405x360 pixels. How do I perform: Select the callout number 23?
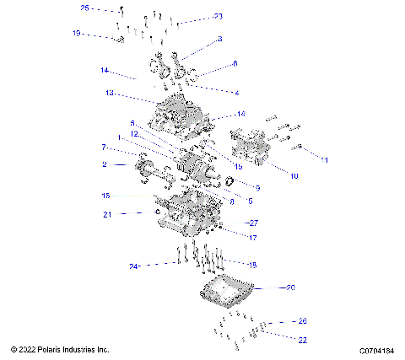click(219, 16)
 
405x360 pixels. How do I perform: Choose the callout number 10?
click(294, 175)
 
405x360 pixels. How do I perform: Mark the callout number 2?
click(104, 164)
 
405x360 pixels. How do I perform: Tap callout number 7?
click(104, 147)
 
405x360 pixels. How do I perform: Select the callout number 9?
click(258, 187)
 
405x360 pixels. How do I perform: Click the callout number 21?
click(107, 214)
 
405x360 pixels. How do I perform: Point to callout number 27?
click(253, 223)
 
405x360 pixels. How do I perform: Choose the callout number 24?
click(133, 266)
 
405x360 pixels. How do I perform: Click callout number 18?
click(251, 264)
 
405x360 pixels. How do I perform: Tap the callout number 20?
click(290, 287)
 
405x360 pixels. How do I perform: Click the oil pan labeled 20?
click(225, 292)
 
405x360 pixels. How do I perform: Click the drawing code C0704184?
click(377, 350)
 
